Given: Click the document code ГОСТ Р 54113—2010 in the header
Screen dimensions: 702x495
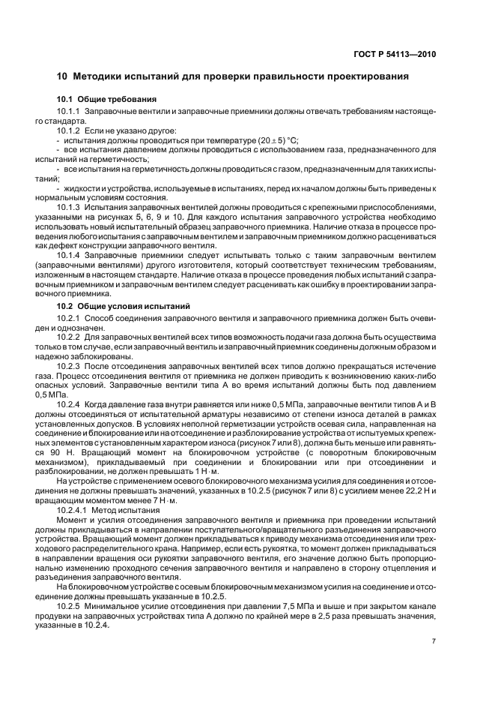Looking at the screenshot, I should pos(398,54).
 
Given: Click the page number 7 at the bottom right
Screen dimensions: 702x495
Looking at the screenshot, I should pos(434,641).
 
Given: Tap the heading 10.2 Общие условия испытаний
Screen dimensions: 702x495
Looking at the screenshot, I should pos(119,306).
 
